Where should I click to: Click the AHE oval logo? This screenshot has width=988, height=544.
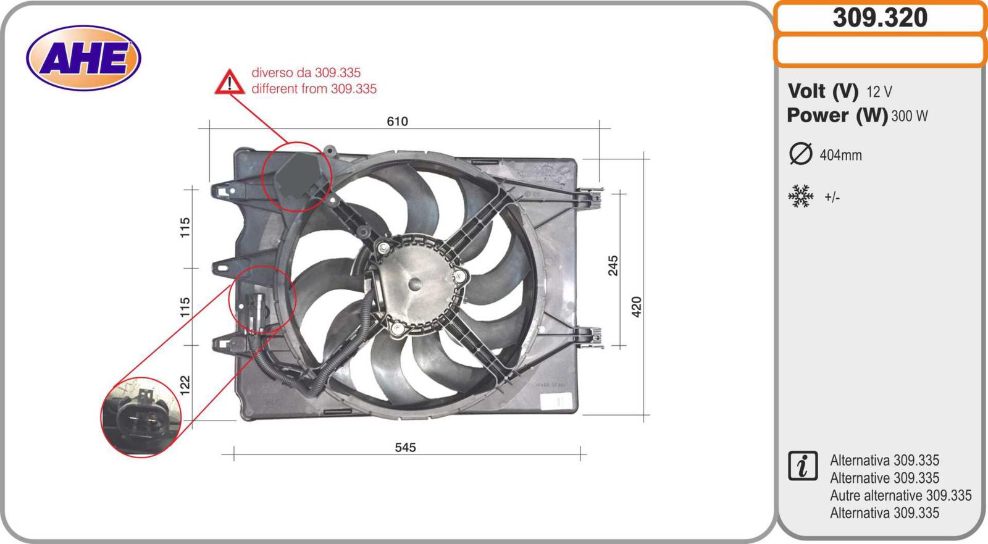tap(83, 58)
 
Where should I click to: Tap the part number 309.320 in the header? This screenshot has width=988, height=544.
tap(880, 18)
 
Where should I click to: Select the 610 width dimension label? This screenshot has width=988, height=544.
tap(398, 121)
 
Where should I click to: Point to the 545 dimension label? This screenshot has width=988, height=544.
tap(405, 448)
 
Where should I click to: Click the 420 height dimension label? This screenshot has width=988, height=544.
tap(636, 307)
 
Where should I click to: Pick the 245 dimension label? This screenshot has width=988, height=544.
tap(613, 266)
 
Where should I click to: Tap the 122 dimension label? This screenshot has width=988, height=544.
tap(185, 385)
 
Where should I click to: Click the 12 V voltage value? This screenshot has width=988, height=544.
tap(879, 92)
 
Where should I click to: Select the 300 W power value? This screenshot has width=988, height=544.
tap(910, 116)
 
